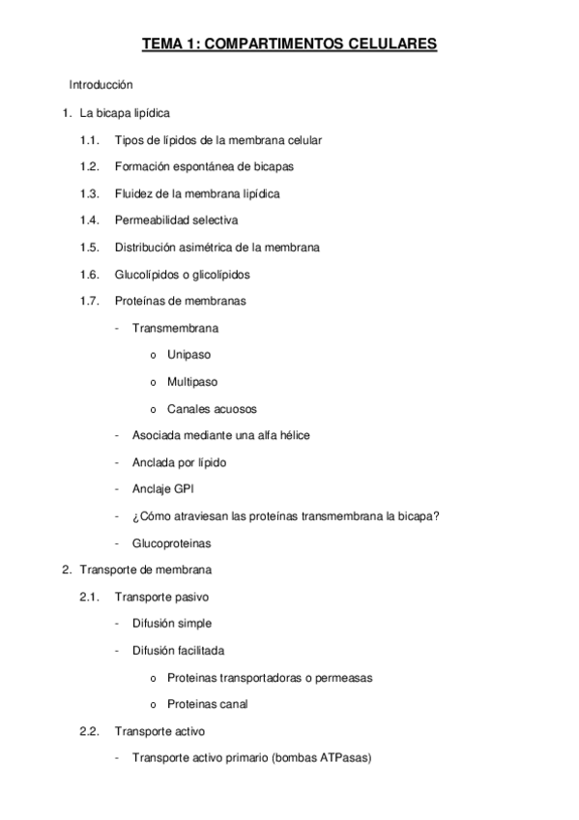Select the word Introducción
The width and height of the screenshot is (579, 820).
[x=101, y=85]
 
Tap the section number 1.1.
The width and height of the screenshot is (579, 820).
[x=90, y=140]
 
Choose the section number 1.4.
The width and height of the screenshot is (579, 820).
[x=90, y=220]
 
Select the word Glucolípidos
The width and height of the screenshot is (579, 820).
[x=147, y=274]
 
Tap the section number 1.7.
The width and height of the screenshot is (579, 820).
[x=90, y=301]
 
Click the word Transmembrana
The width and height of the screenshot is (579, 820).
[x=175, y=328]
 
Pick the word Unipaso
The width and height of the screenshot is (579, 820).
[x=188, y=355]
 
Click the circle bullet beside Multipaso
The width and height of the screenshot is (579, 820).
[x=155, y=382]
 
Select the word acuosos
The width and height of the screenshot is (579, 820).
[x=235, y=408]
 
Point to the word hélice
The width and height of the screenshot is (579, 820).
[x=289, y=435]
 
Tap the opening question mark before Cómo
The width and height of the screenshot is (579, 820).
[x=135, y=516]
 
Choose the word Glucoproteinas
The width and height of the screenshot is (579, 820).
[x=172, y=543]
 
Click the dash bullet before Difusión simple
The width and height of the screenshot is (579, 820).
[x=117, y=624]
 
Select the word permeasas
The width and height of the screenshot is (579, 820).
[x=342, y=677]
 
